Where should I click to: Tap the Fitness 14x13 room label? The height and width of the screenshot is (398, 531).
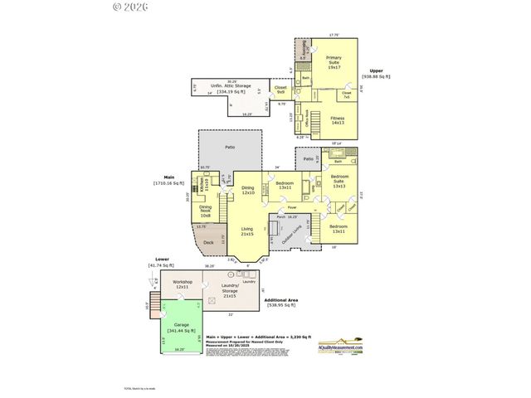tap(338, 120)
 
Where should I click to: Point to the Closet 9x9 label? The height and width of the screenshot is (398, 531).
tap(280, 89)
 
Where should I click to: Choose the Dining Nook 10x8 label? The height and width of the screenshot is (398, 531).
tap(205, 211)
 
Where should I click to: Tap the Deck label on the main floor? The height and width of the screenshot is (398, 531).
tap(208, 243)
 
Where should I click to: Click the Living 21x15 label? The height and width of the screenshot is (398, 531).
tap(246, 231)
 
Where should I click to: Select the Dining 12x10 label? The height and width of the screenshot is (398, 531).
tap(247, 190)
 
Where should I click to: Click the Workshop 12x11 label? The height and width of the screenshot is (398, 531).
tap(183, 284)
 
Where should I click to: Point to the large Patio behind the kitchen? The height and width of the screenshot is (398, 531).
tap(229, 148)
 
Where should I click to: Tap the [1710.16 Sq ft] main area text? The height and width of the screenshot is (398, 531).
tap(170, 182)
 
